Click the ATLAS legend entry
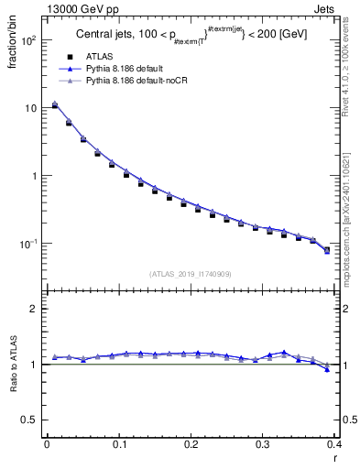tap(100, 57)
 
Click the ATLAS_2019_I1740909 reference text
tap(190, 273)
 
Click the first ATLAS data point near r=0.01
tap(54, 105)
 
